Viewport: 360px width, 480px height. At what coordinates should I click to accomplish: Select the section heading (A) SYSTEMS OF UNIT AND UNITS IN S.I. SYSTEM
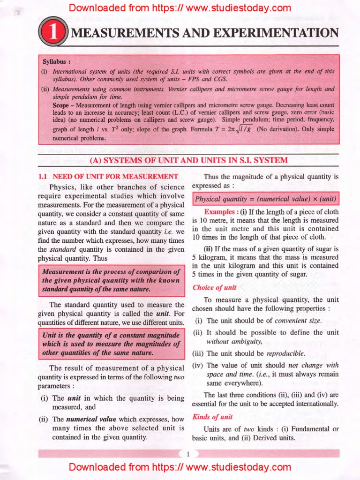(x=188, y=160)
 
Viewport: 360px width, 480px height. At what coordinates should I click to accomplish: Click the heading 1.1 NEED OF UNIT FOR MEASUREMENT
(x=108, y=176)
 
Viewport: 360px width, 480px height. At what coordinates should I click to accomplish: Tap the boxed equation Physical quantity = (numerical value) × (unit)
(x=266, y=199)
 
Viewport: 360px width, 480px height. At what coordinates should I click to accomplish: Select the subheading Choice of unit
(x=214, y=287)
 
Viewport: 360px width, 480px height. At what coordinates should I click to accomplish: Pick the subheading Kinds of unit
(x=212, y=417)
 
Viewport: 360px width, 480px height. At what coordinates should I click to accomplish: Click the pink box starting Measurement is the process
(x=111, y=280)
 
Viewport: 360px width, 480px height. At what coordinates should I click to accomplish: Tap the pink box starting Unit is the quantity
(x=111, y=344)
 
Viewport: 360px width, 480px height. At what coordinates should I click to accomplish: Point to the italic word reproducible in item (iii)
(x=285, y=353)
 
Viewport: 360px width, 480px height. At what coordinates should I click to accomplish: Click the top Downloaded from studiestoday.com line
(x=180, y=8)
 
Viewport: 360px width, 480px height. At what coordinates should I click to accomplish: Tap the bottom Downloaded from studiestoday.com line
(x=180, y=467)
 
